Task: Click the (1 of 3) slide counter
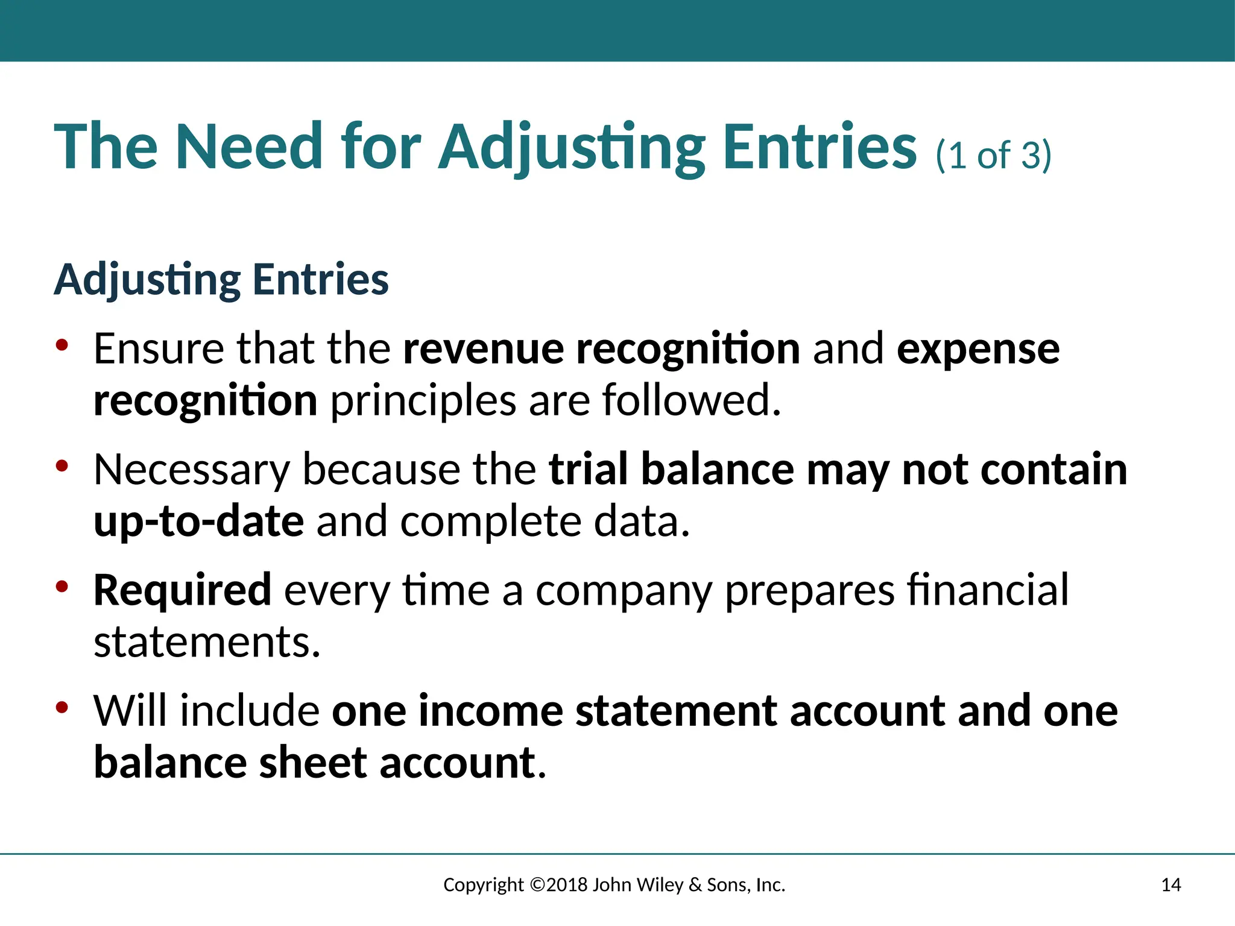pos(993,156)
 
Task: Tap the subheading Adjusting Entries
pos(221,280)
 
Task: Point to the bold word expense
pos(978,350)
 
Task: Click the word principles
pos(423,402)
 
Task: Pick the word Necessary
pos(191,470)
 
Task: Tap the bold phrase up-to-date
pos(198,521)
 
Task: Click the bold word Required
pos(182,590)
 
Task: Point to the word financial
pos(987,590)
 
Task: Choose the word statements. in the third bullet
pos(207,642)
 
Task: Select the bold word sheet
pos(312,763)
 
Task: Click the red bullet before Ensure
pos(62,345)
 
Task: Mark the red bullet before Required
pos(62,587)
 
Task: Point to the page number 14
pos(1170,885)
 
